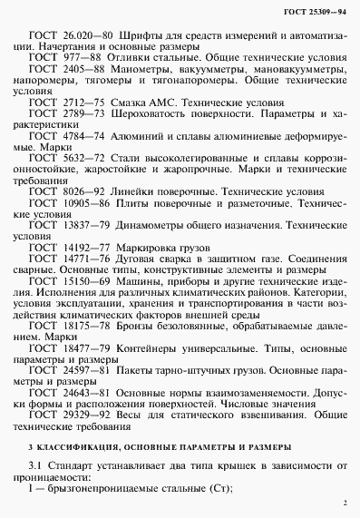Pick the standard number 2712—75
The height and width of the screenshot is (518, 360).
pos(83,119)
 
